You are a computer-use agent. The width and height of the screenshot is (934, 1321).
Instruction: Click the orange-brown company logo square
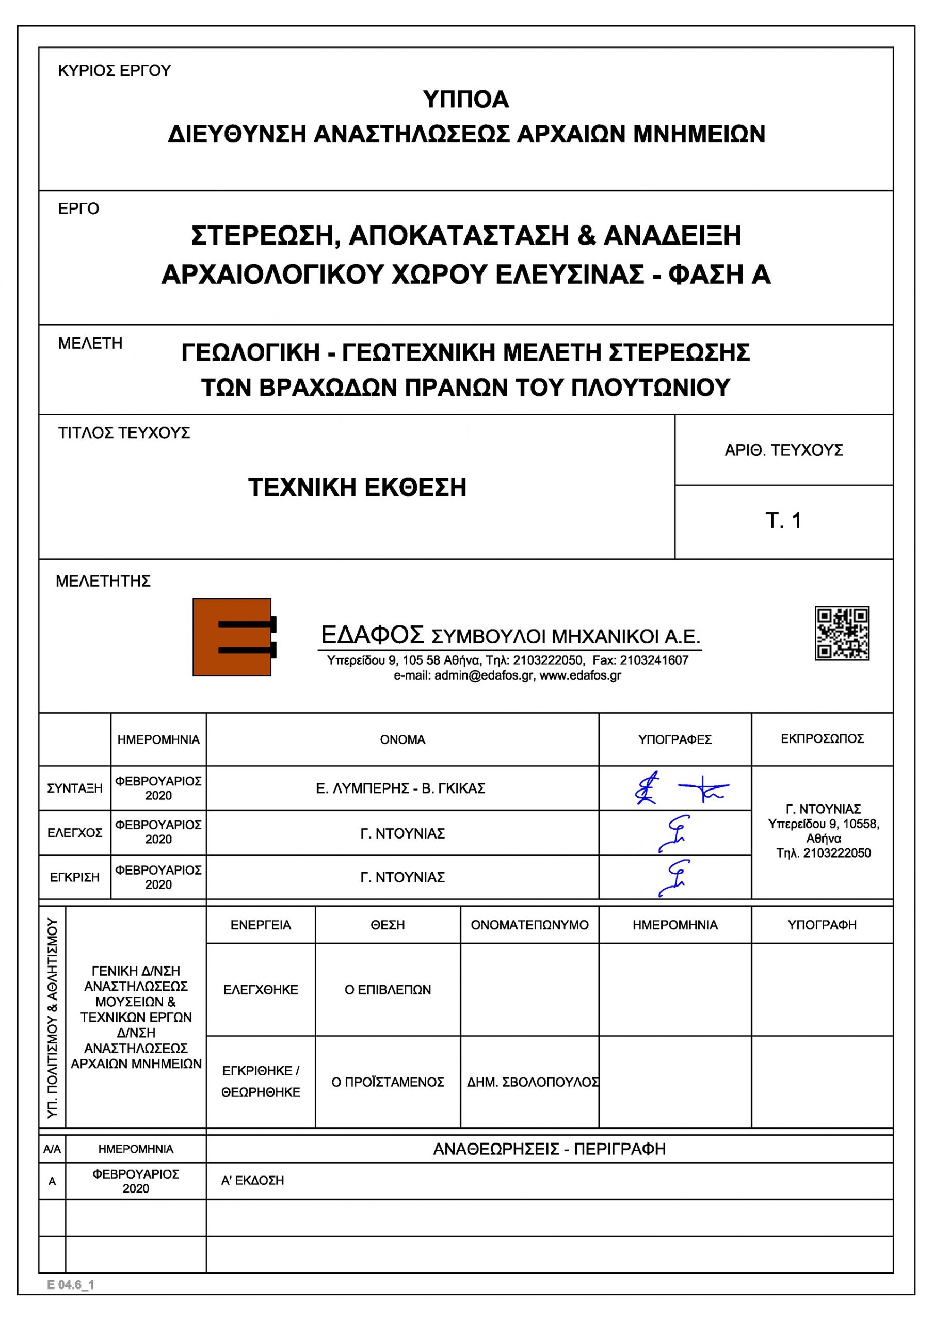(x=231, y=637)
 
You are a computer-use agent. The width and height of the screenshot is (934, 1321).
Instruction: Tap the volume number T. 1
(x=783, y=521)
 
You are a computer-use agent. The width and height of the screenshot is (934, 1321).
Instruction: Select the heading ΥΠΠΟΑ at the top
(x=465, y=100)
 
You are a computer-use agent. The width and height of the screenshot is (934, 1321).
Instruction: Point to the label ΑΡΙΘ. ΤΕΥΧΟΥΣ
(x=783, y=450)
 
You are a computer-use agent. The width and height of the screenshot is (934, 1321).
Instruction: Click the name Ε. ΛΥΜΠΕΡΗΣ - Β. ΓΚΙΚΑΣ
(x=400, y=788)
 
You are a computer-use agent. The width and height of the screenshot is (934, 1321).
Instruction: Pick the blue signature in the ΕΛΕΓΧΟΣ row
(x=674, y=832)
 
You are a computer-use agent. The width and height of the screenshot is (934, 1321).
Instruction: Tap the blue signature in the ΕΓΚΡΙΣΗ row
(x=674, y=877)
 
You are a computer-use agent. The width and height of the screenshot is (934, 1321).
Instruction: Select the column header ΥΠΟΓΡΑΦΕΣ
(x=674, y=739)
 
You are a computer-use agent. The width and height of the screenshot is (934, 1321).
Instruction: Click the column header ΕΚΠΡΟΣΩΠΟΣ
(x=822, y=739)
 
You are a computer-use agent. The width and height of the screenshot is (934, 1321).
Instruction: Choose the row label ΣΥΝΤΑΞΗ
(x=75, y=788)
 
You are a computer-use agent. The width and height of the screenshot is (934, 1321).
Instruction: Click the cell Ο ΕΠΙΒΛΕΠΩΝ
(x=388, y=990)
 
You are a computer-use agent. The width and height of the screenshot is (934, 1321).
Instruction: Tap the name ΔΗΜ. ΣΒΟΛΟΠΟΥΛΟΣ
(x=533, y=1082)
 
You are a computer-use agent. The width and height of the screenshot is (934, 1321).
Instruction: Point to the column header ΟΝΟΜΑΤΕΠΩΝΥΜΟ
(x=529, y=925)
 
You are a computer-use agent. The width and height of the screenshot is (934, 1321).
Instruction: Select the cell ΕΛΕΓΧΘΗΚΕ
(x=261, y=990)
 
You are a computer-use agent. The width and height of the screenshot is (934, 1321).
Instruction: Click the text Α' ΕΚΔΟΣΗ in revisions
(x=253, y=1181)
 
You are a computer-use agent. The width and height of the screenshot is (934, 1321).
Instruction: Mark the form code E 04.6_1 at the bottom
(x=70, y=1285)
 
